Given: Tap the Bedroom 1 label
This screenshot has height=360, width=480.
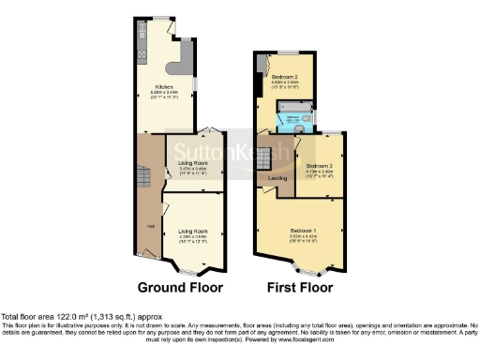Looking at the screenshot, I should [x=302, y=230].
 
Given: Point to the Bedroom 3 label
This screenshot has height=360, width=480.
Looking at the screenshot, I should [x=319, y=166].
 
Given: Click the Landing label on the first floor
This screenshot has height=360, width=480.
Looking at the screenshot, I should [x=277, y=177].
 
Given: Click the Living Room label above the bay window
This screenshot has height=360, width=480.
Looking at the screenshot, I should [x=193, y=230].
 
